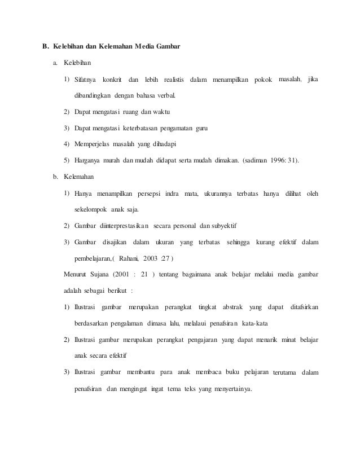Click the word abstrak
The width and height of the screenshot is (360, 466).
(232, 307)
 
